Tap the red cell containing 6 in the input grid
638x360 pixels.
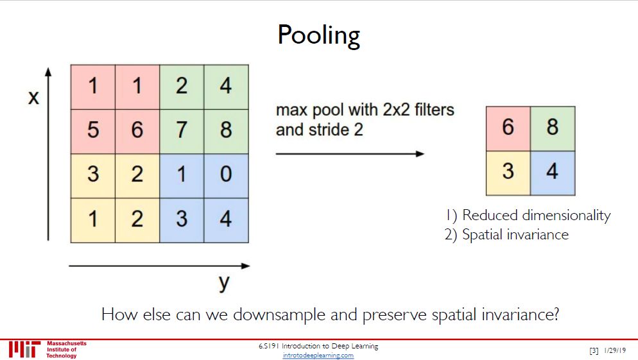click(137, 130)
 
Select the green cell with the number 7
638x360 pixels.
click(182, 130)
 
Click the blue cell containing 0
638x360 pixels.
click(226, 175)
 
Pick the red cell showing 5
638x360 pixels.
click(93, 130)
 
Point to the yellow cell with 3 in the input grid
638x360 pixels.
click(93, 175)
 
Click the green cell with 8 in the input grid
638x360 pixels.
click(226, 130)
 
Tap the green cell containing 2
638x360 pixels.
click(182, 86)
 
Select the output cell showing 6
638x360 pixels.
click(508, 128)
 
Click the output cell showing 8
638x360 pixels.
click(553, 128)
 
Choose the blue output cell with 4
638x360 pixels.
click(553, 172)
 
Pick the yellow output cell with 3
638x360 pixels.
click(508, 172)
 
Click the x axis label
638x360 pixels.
click(33, 97)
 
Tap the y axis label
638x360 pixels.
click(223, 282)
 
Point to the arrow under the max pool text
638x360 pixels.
click(350, 154)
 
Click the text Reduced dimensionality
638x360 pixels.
click(536, 216)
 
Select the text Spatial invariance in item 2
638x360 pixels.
click(515, 234)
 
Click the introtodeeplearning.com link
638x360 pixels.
click(318, 356)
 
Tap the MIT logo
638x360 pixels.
click(24, 349)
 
